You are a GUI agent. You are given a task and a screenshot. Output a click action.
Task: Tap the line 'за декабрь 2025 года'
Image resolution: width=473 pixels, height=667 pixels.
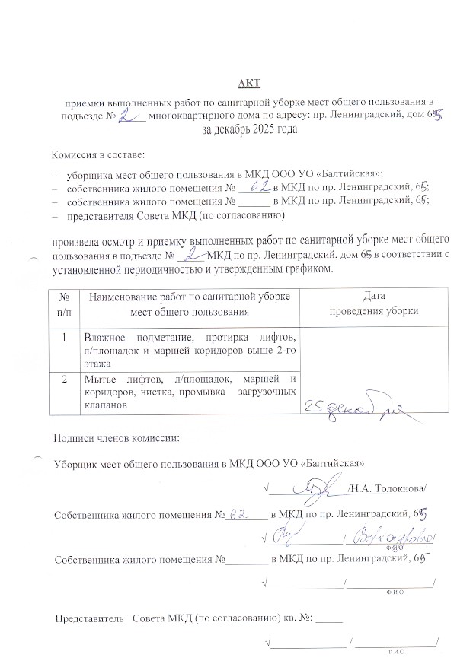pos(249,129)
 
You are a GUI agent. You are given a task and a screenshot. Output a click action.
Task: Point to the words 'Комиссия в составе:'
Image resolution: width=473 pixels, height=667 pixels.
pos(97,154)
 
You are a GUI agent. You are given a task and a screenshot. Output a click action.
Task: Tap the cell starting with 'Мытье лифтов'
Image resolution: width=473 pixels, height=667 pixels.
pos(191,392)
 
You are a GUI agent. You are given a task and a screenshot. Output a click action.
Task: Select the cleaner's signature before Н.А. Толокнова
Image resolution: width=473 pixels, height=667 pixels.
pos(314,485)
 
